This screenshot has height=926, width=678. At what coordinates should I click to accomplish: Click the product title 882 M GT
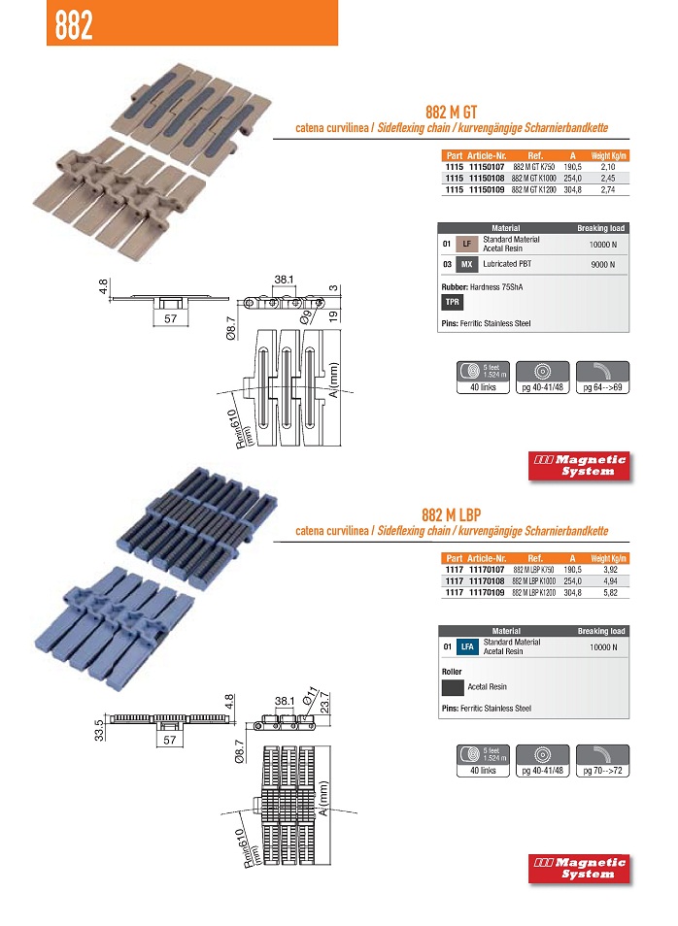[451, 112]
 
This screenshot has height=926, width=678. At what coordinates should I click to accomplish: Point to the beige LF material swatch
[467, 244]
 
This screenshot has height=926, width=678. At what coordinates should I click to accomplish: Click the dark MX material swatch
[467, 264]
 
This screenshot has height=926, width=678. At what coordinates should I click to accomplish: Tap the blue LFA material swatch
[468, 646]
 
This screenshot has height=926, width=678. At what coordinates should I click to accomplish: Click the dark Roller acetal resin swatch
[452, 687]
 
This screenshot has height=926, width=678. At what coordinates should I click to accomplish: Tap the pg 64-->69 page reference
[602, 387]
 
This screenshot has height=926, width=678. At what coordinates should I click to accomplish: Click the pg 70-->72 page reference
[602, 770]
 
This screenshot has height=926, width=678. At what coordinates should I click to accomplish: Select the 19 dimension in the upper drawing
[333, 314]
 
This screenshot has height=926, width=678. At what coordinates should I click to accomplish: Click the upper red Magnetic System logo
[579, 465]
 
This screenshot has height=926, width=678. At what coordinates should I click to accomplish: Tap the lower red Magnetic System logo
[579, 868]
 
